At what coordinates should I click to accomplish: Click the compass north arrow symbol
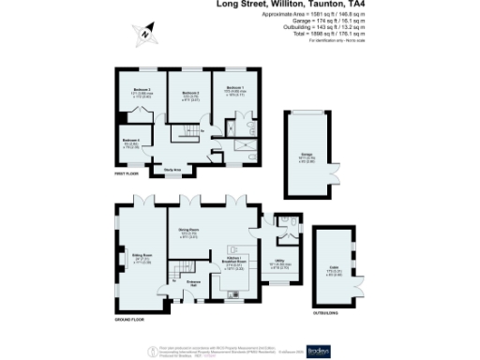pos(145,36)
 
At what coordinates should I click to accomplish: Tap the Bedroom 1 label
pos(235,87)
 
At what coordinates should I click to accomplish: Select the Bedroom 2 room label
pos(142,90)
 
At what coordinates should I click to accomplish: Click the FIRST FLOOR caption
pos(126,174)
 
